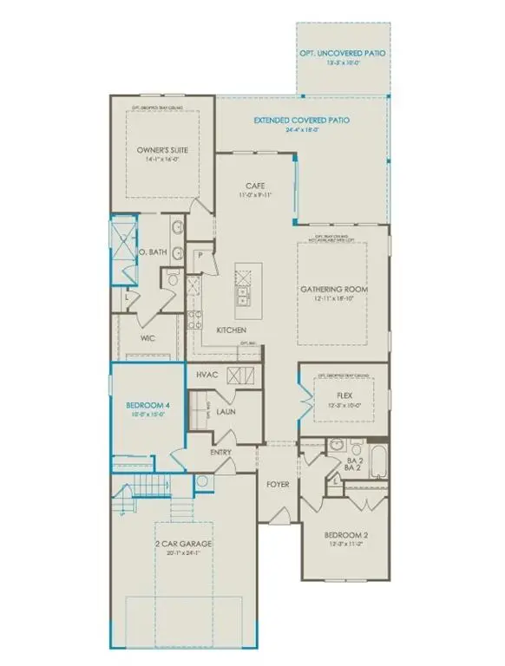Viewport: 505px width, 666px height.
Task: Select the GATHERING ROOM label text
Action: [x=342, y=287]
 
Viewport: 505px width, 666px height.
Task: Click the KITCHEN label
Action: [x=231, y=330]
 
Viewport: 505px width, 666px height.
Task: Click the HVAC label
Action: [x=206, y=375]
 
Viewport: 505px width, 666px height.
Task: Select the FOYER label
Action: [x=277, y=484]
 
